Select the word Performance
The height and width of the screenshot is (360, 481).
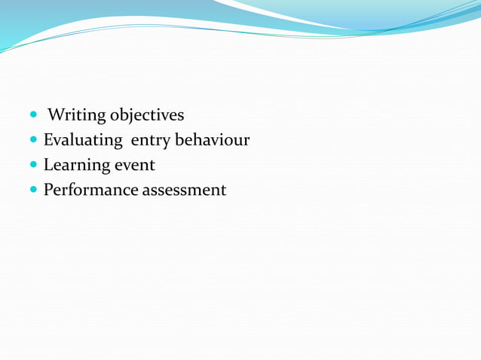(x=90, y=190)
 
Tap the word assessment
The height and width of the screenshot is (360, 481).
(x=183, y=191)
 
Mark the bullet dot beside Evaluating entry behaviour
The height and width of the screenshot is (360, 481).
(x=34, y=141)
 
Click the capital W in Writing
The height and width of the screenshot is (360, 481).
(x=55, y=115)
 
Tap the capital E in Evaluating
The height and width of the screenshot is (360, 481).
(x=48, y=140)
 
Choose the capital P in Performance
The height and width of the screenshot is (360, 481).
(x=48, y=190)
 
